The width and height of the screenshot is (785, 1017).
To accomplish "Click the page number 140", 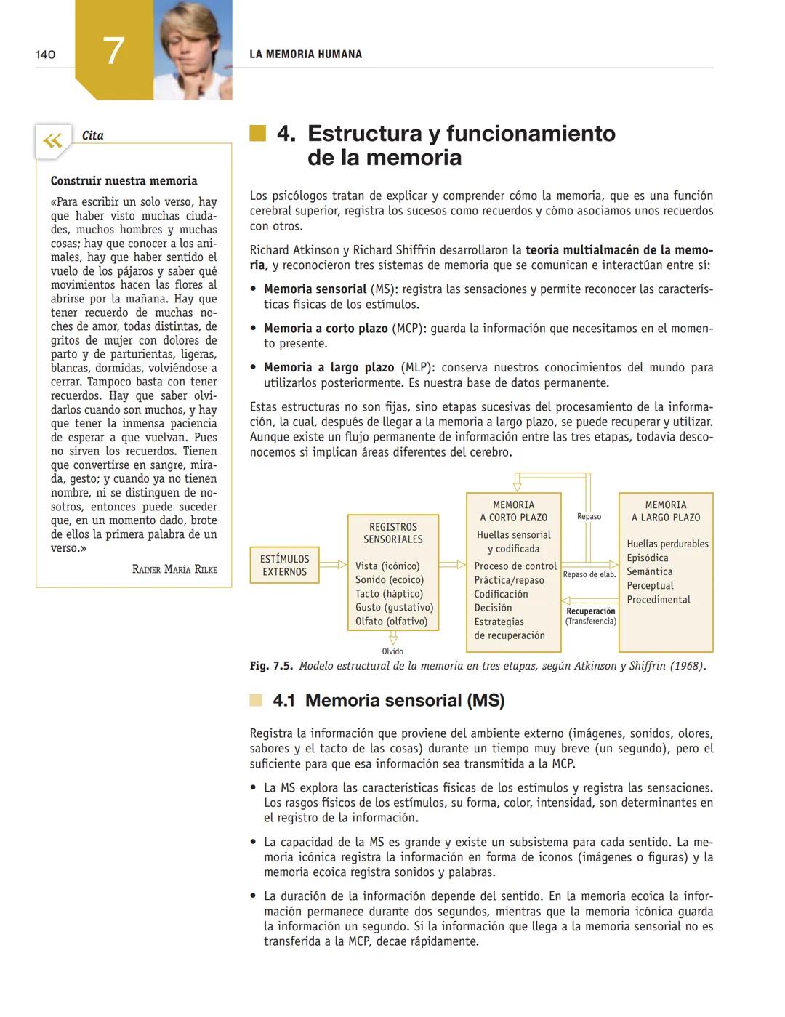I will coord(45,55).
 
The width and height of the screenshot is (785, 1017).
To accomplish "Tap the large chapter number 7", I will coord(113,52).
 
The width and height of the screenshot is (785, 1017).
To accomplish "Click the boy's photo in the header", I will coord(193,49).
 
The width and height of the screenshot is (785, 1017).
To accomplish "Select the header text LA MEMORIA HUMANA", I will coord(305,55).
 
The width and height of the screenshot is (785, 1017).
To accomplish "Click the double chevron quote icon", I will coord(52,140).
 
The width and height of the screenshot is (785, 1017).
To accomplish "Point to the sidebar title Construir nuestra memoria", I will coord(124,181).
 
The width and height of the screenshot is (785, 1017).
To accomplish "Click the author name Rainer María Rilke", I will coord(174,569).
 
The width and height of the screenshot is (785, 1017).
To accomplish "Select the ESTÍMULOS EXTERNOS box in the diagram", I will coord(284,566).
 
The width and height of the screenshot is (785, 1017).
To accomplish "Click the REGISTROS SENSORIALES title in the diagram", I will coord(393,533).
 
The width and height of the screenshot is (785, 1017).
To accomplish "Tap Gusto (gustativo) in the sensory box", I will coord(394,608).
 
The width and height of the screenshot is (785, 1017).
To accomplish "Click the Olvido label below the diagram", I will coord(392,651).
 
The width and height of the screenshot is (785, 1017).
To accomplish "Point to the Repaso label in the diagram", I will coord(589,517).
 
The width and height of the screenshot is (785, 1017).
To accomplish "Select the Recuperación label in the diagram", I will coord(590,611).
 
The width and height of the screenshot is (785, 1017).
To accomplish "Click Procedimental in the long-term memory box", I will coord(659,600).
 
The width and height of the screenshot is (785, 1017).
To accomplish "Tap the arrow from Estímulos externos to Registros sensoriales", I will coord(333,565).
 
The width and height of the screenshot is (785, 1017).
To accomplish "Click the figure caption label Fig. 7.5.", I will coord(271,666).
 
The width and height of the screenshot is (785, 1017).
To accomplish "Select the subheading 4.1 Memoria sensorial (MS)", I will coord(388,700).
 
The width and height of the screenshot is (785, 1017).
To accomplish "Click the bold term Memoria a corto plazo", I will coord(326,329).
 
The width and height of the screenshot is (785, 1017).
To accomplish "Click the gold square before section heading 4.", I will coord(258,133).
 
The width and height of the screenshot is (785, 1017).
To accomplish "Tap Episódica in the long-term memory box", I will coord(648,558).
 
